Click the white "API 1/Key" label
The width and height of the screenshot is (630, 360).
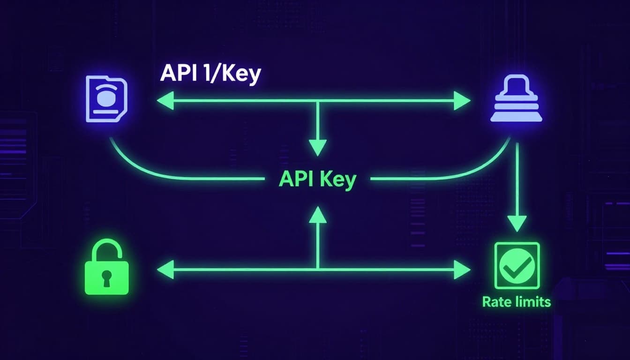210,74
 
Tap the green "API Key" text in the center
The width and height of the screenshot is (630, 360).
317,179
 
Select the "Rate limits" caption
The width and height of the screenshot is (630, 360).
516,301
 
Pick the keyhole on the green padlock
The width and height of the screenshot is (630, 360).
107,277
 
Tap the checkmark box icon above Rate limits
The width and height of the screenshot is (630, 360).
517,266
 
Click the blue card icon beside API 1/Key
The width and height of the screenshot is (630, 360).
107,100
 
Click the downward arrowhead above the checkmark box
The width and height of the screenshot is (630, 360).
517,224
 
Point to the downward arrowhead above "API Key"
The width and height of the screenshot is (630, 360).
318,148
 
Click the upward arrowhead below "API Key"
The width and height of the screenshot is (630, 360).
318,215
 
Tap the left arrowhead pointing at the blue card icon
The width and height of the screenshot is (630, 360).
165,101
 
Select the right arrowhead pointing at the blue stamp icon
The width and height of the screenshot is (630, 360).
462,101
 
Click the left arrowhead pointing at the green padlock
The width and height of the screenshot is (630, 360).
165,270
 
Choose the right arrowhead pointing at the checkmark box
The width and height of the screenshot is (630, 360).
462,270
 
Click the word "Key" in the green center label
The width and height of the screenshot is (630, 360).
338,180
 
